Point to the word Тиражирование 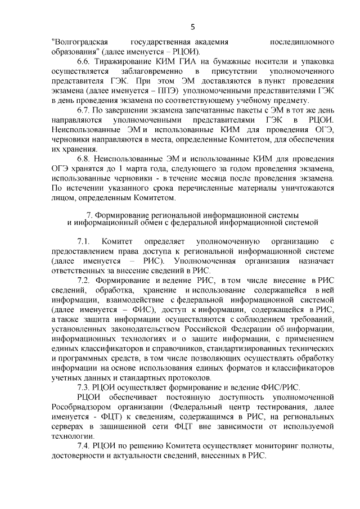click(x=124, y=62)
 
